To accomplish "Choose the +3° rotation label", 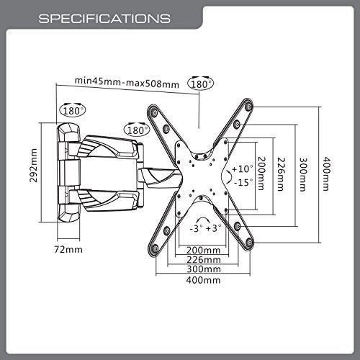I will (x=214, y=228).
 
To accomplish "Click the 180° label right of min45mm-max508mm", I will (x=202, y=84).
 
